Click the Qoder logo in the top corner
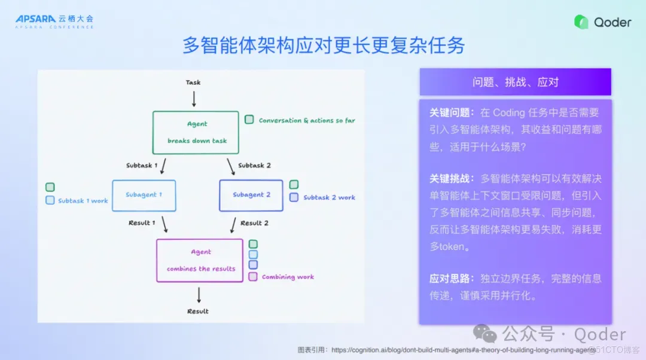[x=602, y=22]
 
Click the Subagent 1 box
[x=144, y=195]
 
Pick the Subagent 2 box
[x=251, y=195]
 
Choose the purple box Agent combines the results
[x=200, y=260]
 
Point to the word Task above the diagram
[x=193, y=83]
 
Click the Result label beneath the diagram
[x=198, y=312]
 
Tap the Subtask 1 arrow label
[x=142, y=165]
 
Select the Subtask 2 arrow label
[x=254, y=165]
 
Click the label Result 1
[x=142, y=223]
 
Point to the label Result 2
[x=254, y=223]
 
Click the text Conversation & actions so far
[x=307, y=120]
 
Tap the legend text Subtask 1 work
[x=83, y=201]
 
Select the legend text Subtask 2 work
[x=329, y=197]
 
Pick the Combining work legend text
[x=288, y=277]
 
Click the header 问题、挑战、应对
[x=515, y=82]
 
